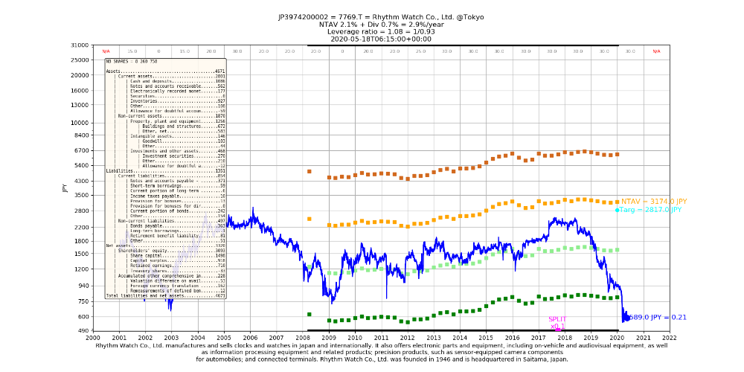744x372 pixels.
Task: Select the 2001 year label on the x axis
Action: coord(119,337)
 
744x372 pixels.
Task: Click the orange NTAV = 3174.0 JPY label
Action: coord(654,201)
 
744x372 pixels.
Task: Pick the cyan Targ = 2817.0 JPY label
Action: coord(649,210)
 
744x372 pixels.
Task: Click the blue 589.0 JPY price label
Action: coord(658,318)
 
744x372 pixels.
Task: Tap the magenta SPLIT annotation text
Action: coord(557,319)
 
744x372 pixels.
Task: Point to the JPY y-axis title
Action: coord(65,187)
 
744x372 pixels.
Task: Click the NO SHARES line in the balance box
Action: coord(131,61)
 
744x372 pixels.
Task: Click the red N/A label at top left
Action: coord(106,51)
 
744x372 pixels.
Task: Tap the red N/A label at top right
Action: coord(656,51)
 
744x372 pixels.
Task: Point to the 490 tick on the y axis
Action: coord(83,330)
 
